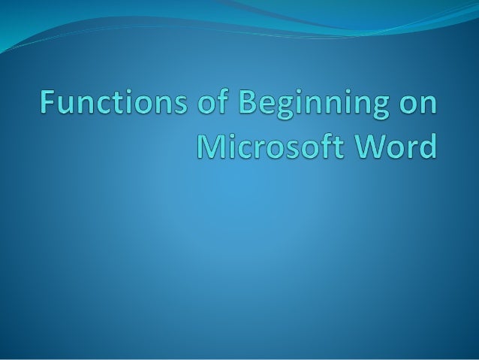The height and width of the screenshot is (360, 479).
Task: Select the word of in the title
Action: pyautogui.click(x=212, y=103)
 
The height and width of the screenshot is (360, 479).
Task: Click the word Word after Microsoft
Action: pyautogui.click(x=400, y=145)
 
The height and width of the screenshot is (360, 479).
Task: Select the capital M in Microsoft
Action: pyautogui.click(x=211, y=145)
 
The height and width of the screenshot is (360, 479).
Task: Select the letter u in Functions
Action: pyautogui.click(x=69, y=105)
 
